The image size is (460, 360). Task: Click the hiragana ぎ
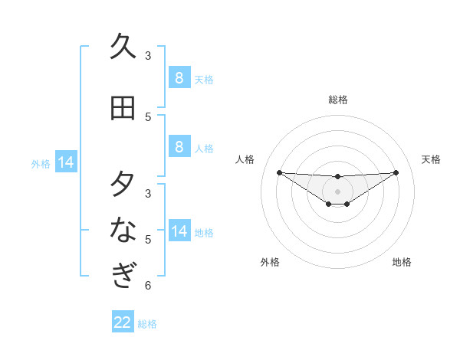123,273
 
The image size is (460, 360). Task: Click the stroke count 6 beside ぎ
148,286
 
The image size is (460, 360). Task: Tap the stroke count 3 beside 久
148,56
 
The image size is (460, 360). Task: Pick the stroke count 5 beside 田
148,117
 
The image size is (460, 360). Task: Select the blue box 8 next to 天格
179,78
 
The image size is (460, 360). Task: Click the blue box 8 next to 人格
179,147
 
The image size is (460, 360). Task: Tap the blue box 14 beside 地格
179,231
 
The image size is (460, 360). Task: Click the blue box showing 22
122,322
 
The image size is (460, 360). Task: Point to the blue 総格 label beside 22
147,324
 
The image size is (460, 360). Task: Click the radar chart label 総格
337,100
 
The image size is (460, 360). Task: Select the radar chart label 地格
402,262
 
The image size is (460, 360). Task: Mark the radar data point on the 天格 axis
396,172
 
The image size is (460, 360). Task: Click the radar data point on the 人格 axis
279,172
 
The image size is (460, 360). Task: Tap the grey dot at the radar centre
337,191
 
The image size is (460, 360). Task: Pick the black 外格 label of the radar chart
270,262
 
